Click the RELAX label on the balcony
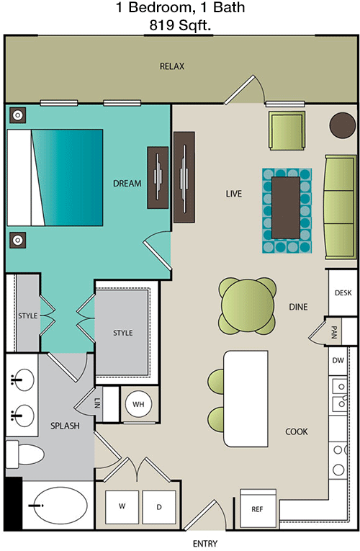click(172, 66)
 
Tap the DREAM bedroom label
click(127, 184)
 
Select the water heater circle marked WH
click(138, 404)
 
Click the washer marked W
click(122, 506)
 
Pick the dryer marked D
click(159, 507)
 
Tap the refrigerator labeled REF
click(258, 508)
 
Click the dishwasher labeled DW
click(338, 360)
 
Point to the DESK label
click(343, 292)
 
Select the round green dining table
click(247, 305)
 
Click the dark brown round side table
click(343, 125)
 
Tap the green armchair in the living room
click(287, 130)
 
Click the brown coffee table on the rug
click(286, 208)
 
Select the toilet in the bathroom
click(24, 454)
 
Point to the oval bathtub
click(58, 506)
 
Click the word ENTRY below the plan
click(205, 544)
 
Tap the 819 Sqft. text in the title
click(180, 25)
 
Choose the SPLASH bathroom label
click(65, 426)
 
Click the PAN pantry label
click(334, 332)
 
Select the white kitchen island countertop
click(246, 398)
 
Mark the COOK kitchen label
click(297, 431)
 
